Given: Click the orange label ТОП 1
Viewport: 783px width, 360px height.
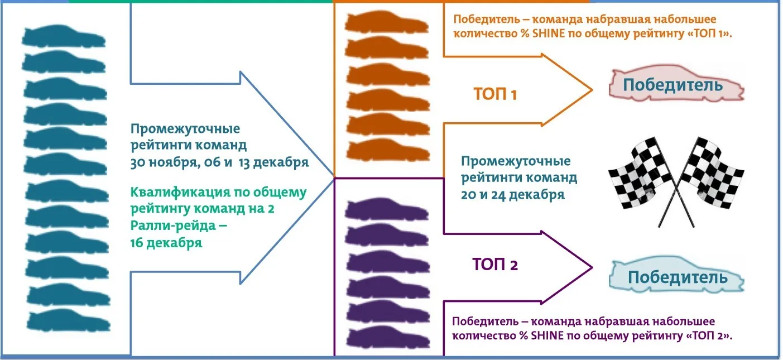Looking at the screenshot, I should [x=495, y=94].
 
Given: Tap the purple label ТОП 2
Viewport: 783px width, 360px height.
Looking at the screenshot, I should [x=495, y=263].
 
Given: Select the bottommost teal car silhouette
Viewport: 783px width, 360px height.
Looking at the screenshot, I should [x=66, y=321].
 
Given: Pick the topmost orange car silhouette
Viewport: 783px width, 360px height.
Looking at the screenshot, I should [x=386, y=22].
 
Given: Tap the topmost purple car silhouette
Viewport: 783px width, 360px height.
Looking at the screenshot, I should [x=386, y=209].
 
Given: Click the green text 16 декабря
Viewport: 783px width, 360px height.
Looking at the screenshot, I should [x=166, y=243].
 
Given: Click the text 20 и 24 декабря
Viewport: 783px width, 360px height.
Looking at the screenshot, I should [x=512, y=195].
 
